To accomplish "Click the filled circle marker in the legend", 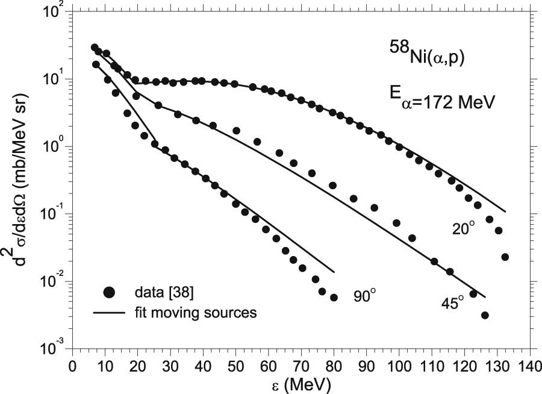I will [x=109, y=293].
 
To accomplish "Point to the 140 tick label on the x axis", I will [x=529, y=366].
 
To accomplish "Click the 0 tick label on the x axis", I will [x=72, y=366].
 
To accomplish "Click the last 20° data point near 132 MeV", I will [x=505, y=257].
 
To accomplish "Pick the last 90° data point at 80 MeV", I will [x=334, y=298].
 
